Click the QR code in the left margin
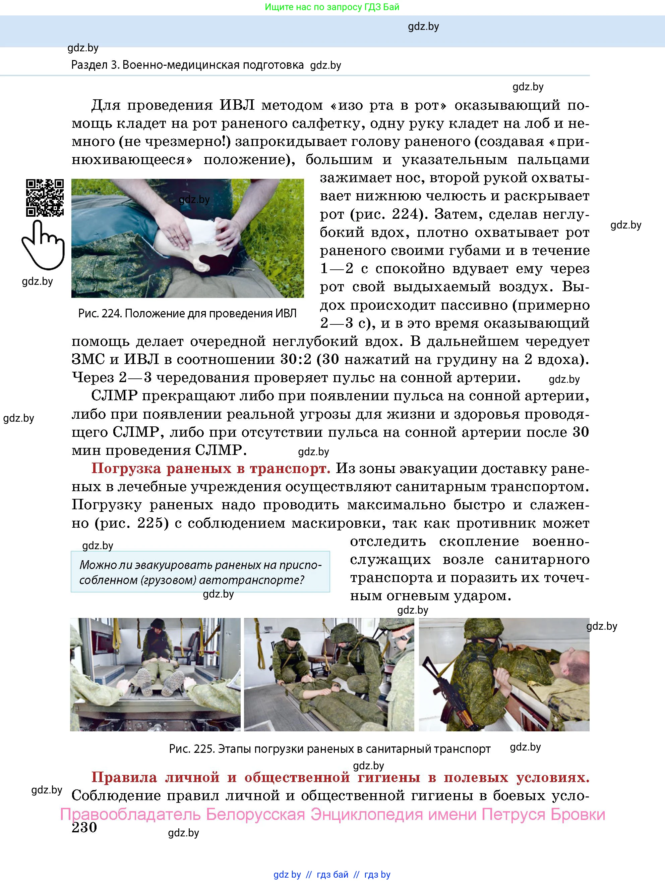[45, 198]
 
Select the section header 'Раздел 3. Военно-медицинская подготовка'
[187, 65]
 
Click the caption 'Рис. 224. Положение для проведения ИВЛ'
[187, 314]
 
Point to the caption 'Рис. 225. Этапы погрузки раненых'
[329, 749]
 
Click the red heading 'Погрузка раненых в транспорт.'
[210, 469]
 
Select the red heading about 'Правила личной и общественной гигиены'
[340, 777]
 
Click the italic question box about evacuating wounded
[200, 572]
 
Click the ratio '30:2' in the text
[296, 360]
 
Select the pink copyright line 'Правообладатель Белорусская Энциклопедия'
[332, 814]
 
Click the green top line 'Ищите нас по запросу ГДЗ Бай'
[332, 7]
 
